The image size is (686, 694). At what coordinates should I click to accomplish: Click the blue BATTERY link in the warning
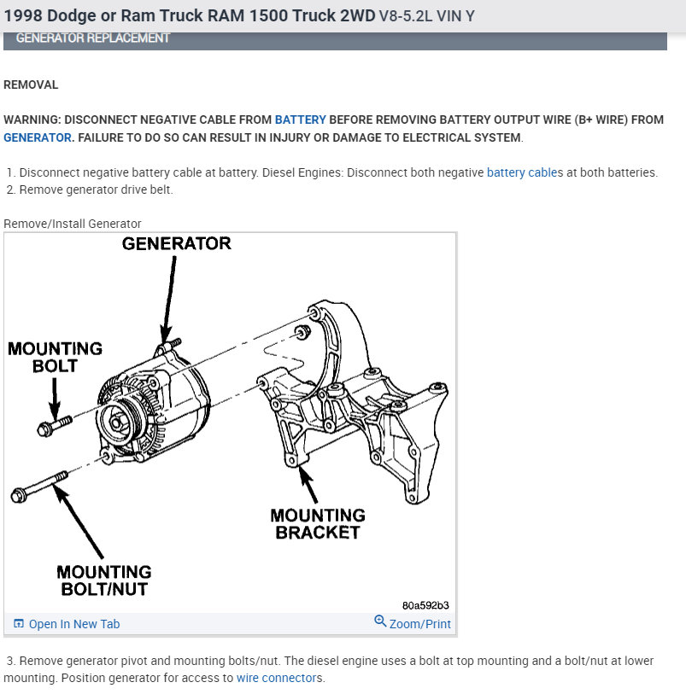point(300,120)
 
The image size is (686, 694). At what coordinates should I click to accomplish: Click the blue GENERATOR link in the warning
point(38,137)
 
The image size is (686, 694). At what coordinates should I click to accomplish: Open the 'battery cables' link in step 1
point(525,172)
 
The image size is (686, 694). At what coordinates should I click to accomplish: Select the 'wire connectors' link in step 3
point(279,678)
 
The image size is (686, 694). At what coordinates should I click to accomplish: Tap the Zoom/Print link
point(419,624)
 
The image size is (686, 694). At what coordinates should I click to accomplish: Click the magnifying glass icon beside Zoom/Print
point(380,621)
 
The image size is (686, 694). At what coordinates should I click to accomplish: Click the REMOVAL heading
point(31,85)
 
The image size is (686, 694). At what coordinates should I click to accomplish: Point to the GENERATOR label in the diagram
point(176,243)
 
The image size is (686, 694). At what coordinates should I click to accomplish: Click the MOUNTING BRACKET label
point(318,523)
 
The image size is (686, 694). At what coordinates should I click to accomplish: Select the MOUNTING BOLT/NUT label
point(104,580)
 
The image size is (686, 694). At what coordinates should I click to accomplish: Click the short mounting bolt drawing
point(55,425)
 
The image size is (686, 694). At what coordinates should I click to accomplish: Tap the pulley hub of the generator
point(117,423)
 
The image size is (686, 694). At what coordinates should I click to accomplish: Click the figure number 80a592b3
point(425,605)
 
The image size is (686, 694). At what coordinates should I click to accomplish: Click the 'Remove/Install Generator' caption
point(72,224)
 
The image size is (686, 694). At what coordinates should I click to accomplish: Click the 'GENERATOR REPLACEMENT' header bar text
point(92,38)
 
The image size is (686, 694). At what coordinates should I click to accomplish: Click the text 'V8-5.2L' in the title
point(406,16)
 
